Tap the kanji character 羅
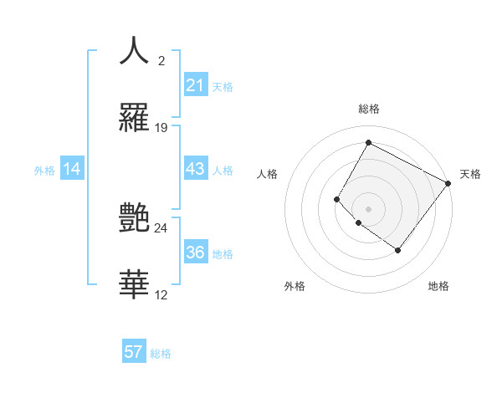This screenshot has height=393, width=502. (x=134, y=118)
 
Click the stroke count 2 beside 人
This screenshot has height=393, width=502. (x=161, y=60)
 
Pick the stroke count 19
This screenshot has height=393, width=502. (x=161, y=128)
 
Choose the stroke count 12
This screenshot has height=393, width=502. (x=161, y=295)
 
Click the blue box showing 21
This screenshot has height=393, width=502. (x=195, y=85)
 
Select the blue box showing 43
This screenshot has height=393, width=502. (x=195, y=169)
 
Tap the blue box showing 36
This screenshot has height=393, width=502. (x=195, y=253)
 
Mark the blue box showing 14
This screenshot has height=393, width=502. (x=72, y=169)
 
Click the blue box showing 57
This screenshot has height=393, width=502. (x=134, y=352)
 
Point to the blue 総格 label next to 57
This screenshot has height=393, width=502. (x=161, y=354)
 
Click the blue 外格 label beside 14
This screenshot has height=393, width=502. (x=44, y=171)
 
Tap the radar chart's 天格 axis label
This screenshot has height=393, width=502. (x=470, y=174)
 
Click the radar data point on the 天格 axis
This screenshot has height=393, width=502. (x=448, y=183)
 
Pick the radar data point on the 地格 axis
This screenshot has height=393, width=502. (x=398, y=250)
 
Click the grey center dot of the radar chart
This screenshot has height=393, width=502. (x=368, y=208)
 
